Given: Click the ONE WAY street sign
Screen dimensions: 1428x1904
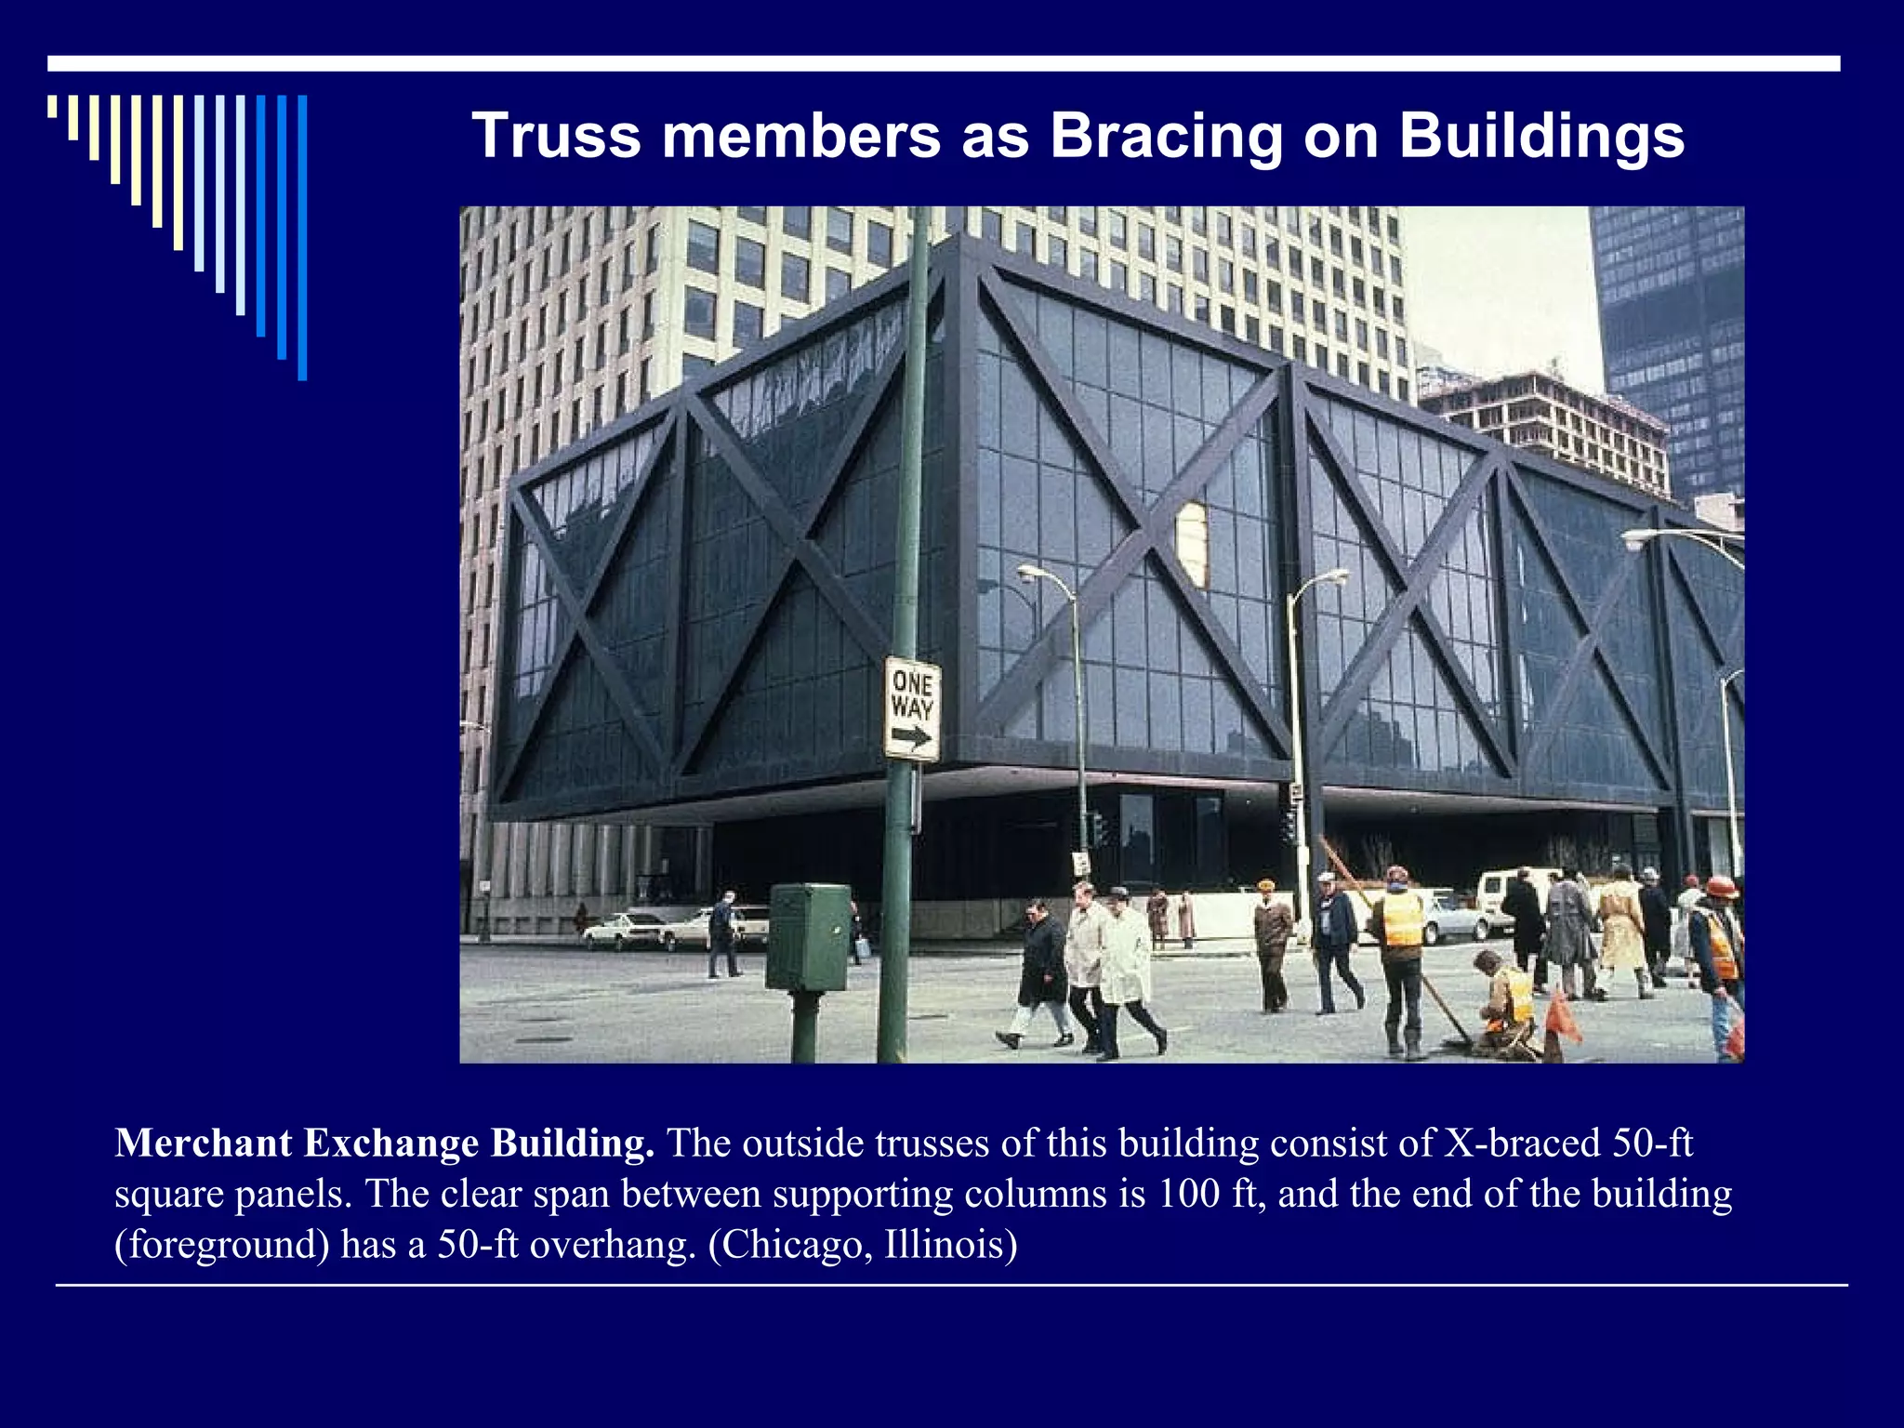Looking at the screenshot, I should [911, 708].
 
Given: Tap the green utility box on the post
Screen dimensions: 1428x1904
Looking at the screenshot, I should [808, 936].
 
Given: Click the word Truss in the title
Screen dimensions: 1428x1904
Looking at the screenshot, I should [556, 137].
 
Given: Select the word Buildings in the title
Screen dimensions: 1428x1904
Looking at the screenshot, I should [1540, 137].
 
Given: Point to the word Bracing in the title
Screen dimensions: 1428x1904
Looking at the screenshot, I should [1167, 137].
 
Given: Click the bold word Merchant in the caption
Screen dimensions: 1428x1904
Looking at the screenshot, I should [204, 1144].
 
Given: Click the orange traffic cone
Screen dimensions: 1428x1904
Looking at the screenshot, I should [1561, 1018].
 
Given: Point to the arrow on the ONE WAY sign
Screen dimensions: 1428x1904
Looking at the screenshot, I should [911, 738].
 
